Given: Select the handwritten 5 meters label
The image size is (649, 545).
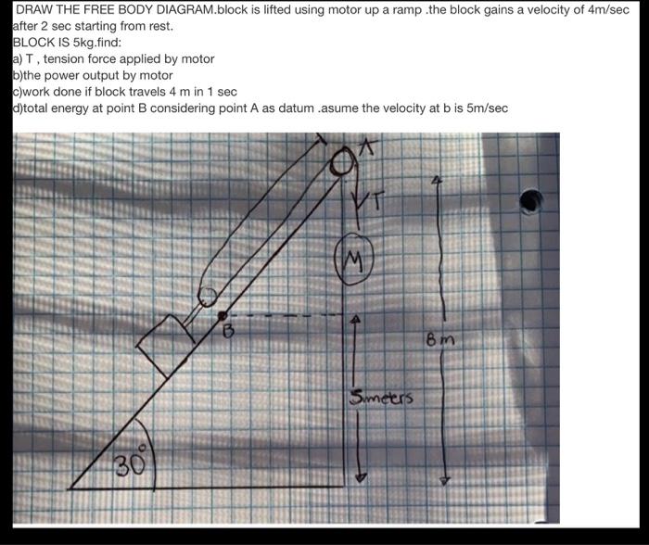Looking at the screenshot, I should point(381,399).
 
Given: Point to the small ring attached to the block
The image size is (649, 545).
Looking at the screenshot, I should point(209,297).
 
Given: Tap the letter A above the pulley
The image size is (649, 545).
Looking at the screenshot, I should point(364,146).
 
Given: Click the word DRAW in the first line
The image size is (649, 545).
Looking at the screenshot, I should point(36,9).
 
